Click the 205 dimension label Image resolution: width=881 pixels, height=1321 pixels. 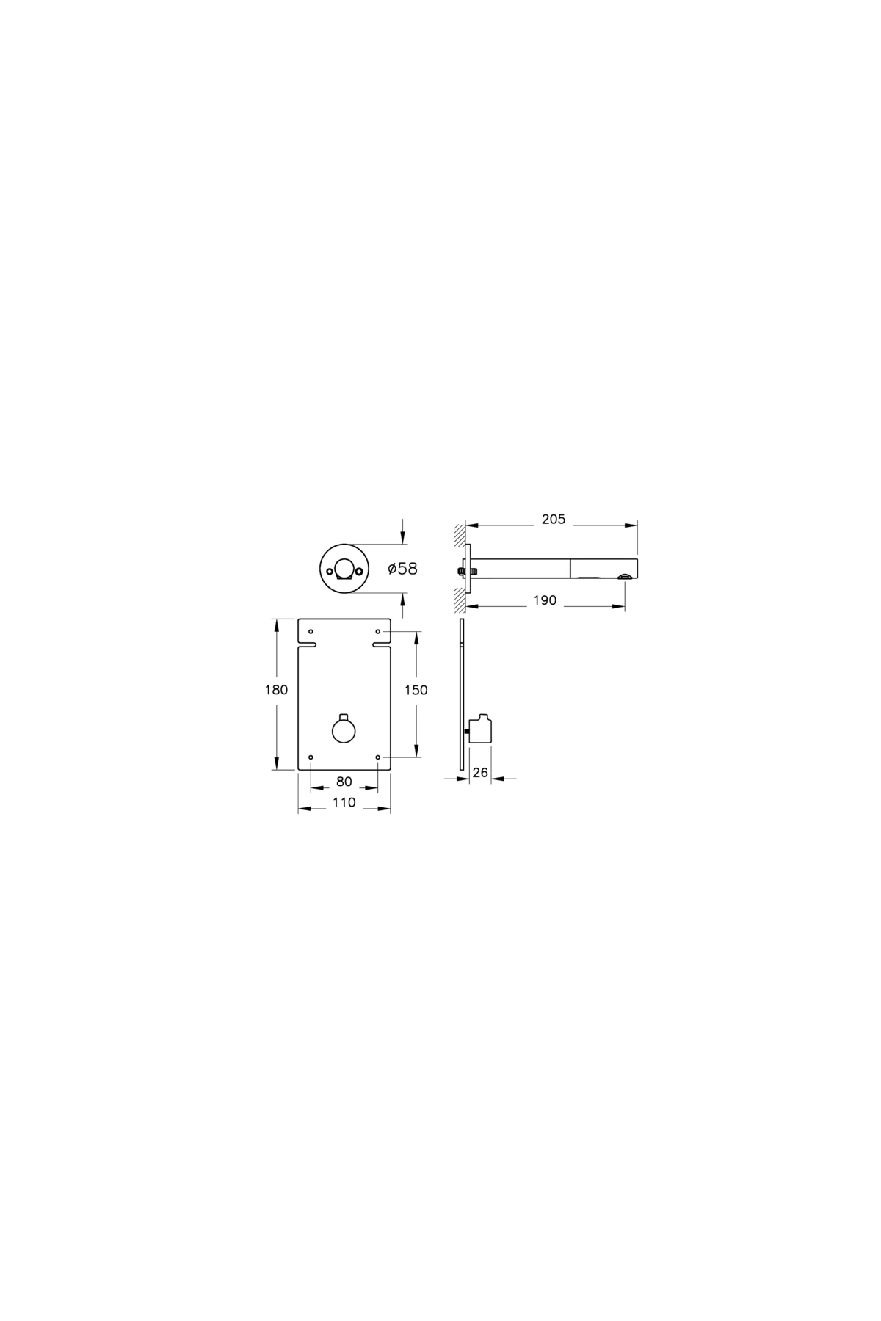point(554,520)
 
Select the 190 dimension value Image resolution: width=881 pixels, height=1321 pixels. point(545,600)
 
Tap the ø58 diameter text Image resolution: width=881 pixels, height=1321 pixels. point(402,569)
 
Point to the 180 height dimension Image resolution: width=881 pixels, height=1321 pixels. point(276,690)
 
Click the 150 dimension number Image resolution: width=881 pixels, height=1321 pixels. point(416,690)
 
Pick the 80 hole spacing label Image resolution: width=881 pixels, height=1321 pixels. point(344,782)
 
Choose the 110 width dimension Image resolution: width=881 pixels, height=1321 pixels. point(344,802)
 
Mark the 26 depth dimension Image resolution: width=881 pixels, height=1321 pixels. point(481,773)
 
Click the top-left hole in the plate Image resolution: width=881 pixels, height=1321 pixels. point(311,631)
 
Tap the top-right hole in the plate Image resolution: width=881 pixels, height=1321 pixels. point(378,631)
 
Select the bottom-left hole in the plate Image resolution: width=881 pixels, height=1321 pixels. point(311,757)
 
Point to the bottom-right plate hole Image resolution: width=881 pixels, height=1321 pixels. point(378,757)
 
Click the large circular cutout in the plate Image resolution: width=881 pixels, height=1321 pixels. point(344,732)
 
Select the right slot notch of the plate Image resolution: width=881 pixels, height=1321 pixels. point(381,645)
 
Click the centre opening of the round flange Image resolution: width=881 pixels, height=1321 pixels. point(344,569)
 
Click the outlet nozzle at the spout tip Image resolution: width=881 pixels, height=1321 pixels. point(623,578)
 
